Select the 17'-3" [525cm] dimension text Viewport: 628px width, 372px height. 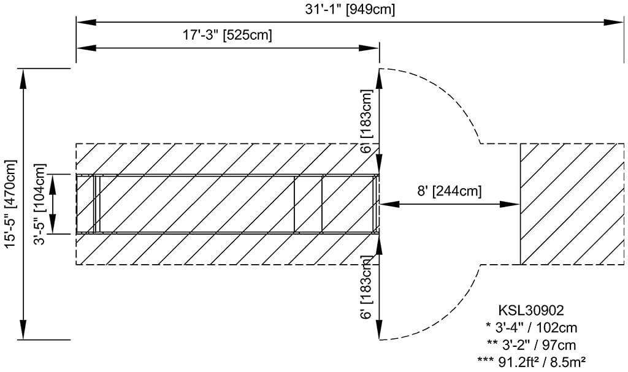click(227, 35)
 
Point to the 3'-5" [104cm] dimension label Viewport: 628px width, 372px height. click(40, 204)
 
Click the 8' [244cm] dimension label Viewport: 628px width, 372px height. click(450, 191)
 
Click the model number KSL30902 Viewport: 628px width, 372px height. click(532, 312)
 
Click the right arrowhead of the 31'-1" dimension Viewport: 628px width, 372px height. click(616, 23)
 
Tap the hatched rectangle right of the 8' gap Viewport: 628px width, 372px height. click(569, 203)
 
